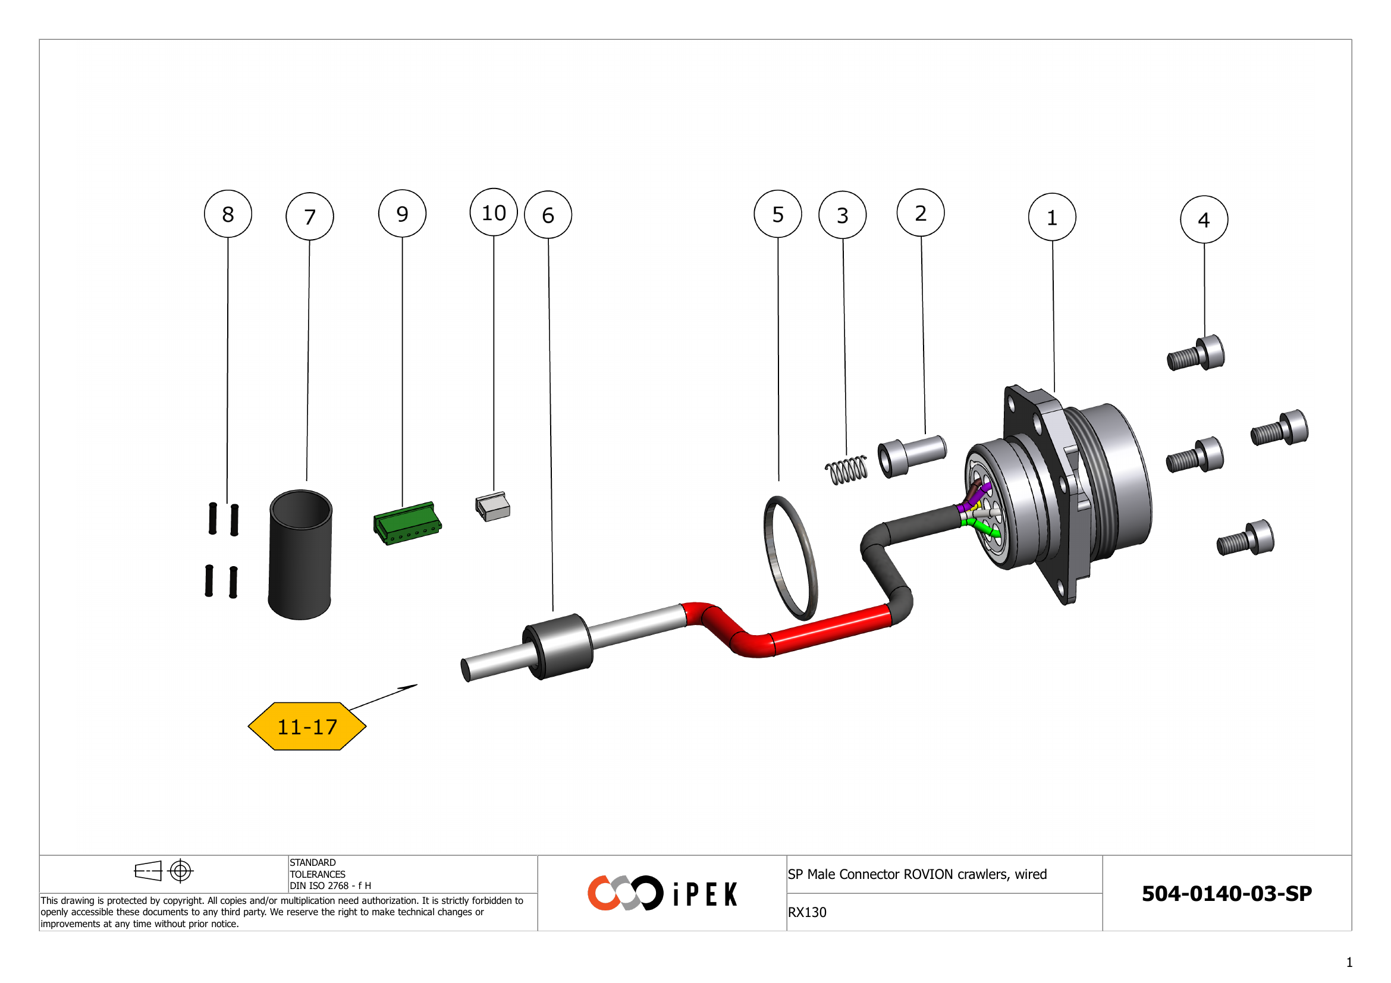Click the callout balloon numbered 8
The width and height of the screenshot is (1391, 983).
pyautogui.click(x=228, y=214)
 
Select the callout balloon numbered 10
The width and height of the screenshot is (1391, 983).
pyautogui.click(x=493, y=212)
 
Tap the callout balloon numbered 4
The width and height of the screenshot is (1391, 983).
pyautogui.click(x=1204, y=219)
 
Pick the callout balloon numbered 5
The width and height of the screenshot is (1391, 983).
pyautogui.click(x=777, y=214)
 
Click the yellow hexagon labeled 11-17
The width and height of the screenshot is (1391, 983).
pyautogui.click(x=307, y=726)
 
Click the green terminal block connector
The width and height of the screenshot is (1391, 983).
pyautogui.click(x=407, y=523)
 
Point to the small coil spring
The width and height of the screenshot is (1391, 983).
pyautogui.click(x=846, y=469)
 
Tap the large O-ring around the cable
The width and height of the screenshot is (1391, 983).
pyautogui.click(x=790, y=557)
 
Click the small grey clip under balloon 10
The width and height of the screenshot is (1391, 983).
pyautogui.click(x=493, y=507)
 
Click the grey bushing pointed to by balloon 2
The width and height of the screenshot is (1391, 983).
pyautogui.click(x=912, y=456)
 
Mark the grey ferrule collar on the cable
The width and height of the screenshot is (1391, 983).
pyautogui.click(x=557, y=646)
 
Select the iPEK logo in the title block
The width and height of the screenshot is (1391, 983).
pyautogui.click(x=662, y=893)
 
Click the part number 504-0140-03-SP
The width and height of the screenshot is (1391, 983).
pyautogui.click(x=1226, y=893)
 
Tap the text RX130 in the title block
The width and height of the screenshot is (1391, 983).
pyautogui.click(x=806, y=912)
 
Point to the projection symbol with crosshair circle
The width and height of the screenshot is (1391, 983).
pyautogui.click(x=181, y=871)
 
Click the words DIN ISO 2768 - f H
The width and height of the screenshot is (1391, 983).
pyautogui.click(x=330, y=885)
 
